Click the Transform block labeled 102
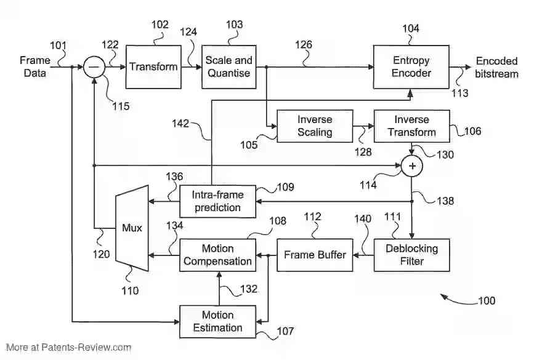tap(153, 66)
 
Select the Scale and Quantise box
tap(229, 66)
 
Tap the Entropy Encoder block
tap(411, 66)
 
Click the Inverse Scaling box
tap(315, 126)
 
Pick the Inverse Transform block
tap(412, 126)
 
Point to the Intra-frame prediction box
tap(217, 201)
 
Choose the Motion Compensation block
tap(217, 255)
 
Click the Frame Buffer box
tap(314, 255)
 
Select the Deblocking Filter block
tap(411, 255)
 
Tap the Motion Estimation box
tap(217, 321)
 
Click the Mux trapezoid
tap(132, 228)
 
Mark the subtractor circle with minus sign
tap(94, 66)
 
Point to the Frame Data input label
tap(34, 66)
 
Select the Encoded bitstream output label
tap(496, 67)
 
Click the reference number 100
tap(486, 302)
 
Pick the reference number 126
tap(303, 45)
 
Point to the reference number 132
tap(248, 289)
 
